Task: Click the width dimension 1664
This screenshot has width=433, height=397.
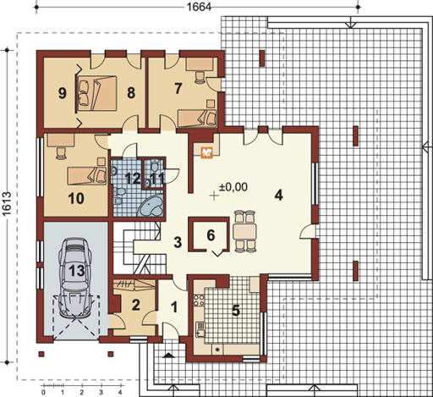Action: (x=199, y=7)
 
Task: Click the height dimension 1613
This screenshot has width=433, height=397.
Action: (x=7, y=204)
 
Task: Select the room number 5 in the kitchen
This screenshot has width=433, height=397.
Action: (x=236, y=311)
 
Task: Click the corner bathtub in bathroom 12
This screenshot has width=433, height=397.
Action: (x=151, y=206)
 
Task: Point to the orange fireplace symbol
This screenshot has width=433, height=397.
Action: (x=206, y=153)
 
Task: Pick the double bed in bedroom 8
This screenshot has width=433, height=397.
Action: (x=97, y=93)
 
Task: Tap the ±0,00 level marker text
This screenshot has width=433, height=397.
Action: (x=233, y=186)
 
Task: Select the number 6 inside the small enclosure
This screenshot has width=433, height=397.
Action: (x=211, y=234)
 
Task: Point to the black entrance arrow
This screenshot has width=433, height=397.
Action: (x=168, y=356)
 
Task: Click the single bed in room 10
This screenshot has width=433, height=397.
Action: (x=87, y=175)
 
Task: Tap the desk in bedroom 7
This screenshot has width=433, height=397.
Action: (x=200, y=64)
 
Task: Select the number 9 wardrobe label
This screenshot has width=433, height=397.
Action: (x=63, y=93)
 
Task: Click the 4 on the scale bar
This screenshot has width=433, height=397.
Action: (x=120, y=392)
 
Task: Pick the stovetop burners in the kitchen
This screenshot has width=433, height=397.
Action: (x=199, y=300)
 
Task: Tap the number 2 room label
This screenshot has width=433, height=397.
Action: (x=135, y=305)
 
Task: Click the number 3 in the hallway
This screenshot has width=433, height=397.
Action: (x=178, y=242)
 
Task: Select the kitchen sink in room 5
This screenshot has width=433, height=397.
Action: (x=200, y=329)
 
